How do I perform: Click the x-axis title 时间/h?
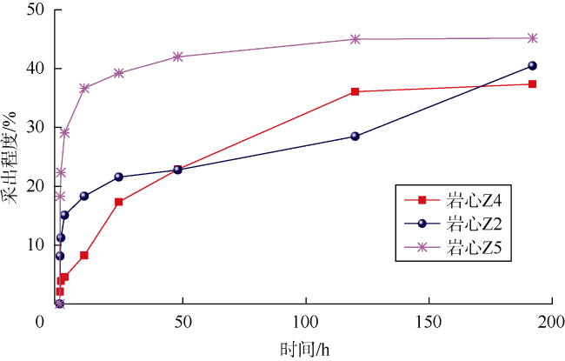305,350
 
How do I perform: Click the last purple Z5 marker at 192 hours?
533,38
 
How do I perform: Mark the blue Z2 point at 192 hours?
533,65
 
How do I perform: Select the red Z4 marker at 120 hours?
356,91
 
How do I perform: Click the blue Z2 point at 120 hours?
356,136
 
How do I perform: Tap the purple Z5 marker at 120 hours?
356,39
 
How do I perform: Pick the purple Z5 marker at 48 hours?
178,57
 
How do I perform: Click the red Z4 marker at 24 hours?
118,202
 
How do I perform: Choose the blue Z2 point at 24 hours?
118,177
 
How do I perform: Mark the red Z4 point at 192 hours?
533,84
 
